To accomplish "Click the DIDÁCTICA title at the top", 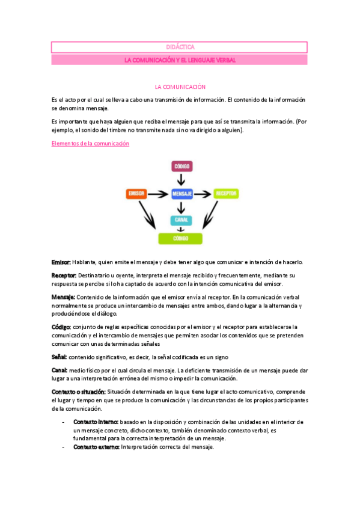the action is click(179, 47).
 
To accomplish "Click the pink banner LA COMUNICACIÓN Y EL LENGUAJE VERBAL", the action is click(179, 60).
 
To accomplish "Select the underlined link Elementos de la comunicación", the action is click(91, 144).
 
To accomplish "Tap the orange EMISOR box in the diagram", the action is click(136, 194).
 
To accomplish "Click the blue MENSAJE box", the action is click(182, 194).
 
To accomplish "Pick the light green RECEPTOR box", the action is click(227, 194).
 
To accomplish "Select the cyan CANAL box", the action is click(182, 220).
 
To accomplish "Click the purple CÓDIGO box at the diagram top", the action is click(182, 165).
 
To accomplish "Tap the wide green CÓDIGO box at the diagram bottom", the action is click(182, 239).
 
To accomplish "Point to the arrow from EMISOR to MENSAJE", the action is click(158, 194).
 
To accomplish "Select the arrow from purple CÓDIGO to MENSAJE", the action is click(182, 179).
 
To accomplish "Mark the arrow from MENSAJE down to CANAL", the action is click(182, 207).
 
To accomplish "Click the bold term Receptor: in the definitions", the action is click(64, 275).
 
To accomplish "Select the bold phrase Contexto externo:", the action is click(97, 447).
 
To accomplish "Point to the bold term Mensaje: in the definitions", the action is click(63, 297).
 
